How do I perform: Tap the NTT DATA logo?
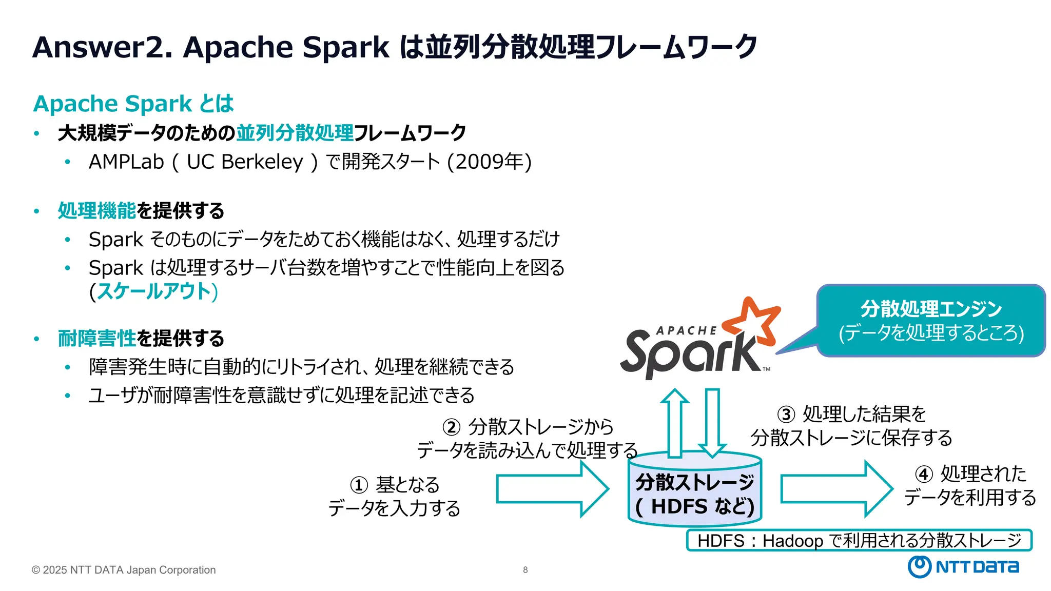pos(963,566)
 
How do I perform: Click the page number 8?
pos(525,569)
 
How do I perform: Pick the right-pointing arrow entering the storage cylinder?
pos(552,488)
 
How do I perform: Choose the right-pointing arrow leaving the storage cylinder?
pos(835,488)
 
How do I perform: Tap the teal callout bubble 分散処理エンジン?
pos(930,321)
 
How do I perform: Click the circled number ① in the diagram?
pos(359,485)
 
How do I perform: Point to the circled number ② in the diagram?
pos(451,427)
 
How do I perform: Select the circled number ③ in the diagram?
pos(786,414)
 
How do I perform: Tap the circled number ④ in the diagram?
pos(924,474)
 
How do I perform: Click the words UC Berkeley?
pos(245,162)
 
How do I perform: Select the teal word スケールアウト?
pos(154,291)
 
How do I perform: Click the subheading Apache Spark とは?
pos(133,104)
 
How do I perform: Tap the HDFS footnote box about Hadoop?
pos(859,540)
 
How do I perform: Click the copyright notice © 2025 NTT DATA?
pos(124,569)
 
